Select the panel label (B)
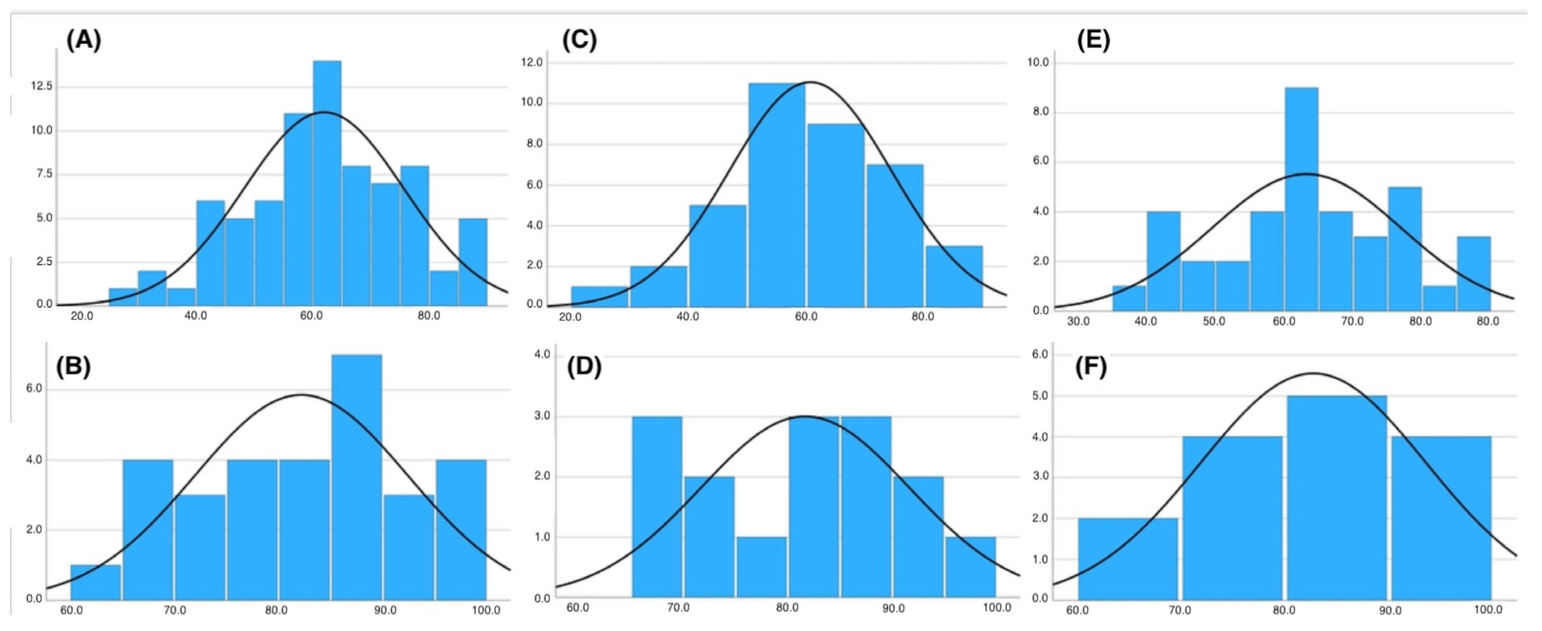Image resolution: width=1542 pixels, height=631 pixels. click(73, 366)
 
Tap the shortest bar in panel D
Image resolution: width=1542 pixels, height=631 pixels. click(761, 568)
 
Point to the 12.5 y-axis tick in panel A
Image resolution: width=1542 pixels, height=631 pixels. click(42, 86)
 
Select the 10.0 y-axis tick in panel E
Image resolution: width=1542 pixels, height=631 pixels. click(1038, 62)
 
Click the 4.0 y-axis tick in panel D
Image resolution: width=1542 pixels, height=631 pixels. click(542, 355)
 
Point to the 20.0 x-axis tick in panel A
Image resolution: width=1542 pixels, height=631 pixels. click(82, 316)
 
